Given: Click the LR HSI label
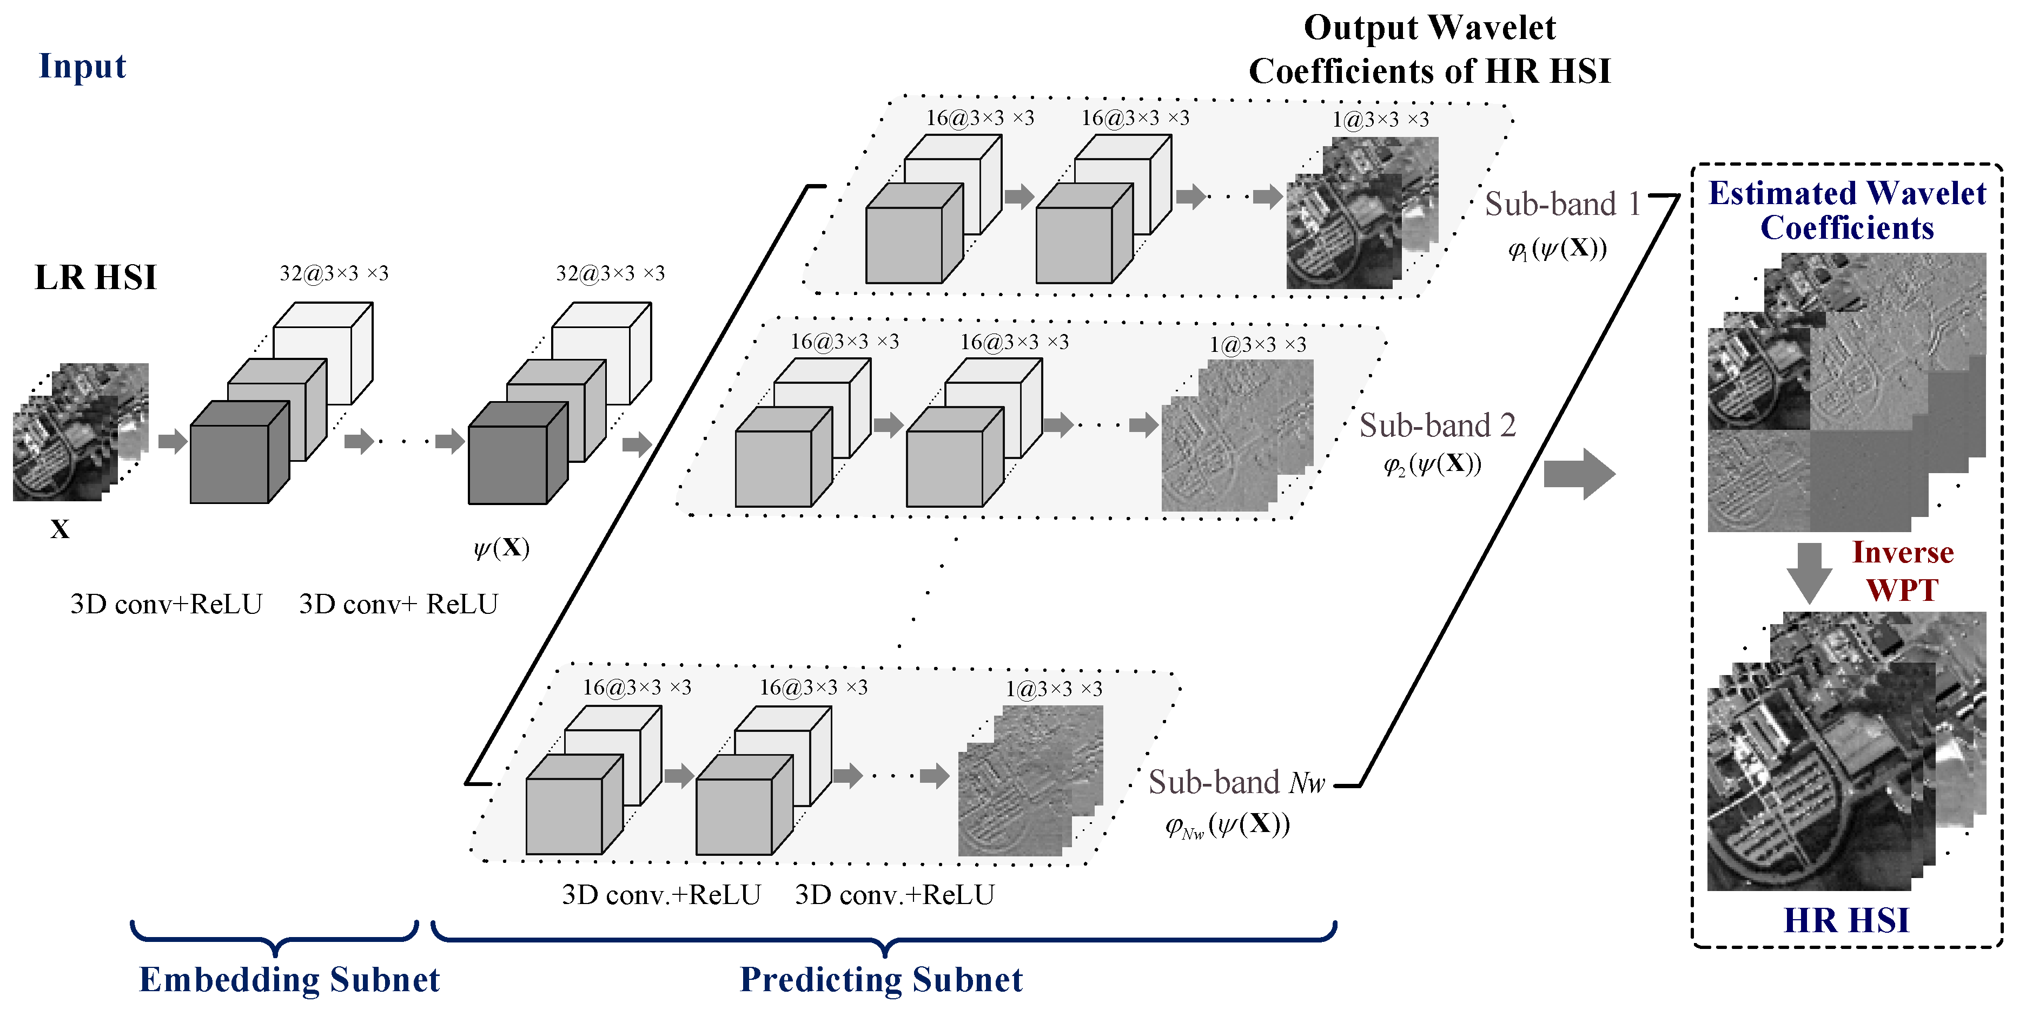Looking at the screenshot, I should pyautogui.click(x=95, y=277).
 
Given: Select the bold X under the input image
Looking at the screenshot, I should pyautogui.click(x=59, y=529).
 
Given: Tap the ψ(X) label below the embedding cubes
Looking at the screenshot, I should pyautogui.click(x=501, y=548).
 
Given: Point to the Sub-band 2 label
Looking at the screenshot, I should pyautogui.click(x=1436, y=426).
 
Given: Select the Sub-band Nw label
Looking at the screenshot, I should pyautogui.click(x=1236, y=782).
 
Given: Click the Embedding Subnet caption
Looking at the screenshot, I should pyautogui.click(x=289, y=980).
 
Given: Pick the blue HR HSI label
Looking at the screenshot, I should pyautogui.click(x=1846, y=920).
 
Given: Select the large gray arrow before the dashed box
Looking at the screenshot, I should pyautogui.click(x=1578, y=474).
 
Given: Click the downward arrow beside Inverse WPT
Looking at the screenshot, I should pyautogui.click(x=1809, y=572).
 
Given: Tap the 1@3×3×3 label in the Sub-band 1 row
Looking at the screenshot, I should pyautogui.click(x=1380, y=120).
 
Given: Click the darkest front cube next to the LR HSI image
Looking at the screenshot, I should pyautogui.click(x=237, y=455).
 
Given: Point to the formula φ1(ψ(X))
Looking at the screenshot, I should pyautogui.click(x=1557, y=248).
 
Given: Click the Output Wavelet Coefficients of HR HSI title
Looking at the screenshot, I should pyautogui.click(x=1429, y=49).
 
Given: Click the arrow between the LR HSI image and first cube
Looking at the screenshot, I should pyautogui.click(x=172, y=441).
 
